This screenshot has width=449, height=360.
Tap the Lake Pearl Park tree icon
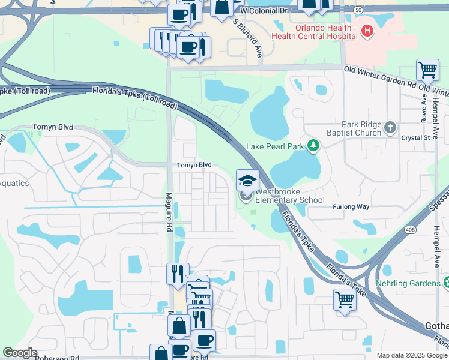click(x=312, y=145)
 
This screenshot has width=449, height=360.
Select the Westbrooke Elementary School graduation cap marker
click(x=247, y=181)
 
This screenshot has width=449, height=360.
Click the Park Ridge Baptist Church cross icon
click(x=390, y=127)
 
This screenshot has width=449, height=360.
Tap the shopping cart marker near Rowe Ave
click(x=427, y=70)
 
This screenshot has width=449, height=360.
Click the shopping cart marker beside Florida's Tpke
click(x=345, y=299)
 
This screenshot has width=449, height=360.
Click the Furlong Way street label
click(x=351, y=207)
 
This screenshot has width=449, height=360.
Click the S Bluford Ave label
click(x=249, y=36)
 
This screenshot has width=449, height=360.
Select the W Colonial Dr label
click(x=265, y=11)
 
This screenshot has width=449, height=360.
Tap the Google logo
click(x=20, y=353)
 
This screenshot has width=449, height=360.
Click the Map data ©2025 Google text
click(x=412, y=355)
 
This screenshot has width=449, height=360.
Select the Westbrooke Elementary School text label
click(x=290, y=196)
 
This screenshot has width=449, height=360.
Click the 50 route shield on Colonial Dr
click(x=357, y=10)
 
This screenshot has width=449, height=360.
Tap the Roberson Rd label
click(x=57, y=358)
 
